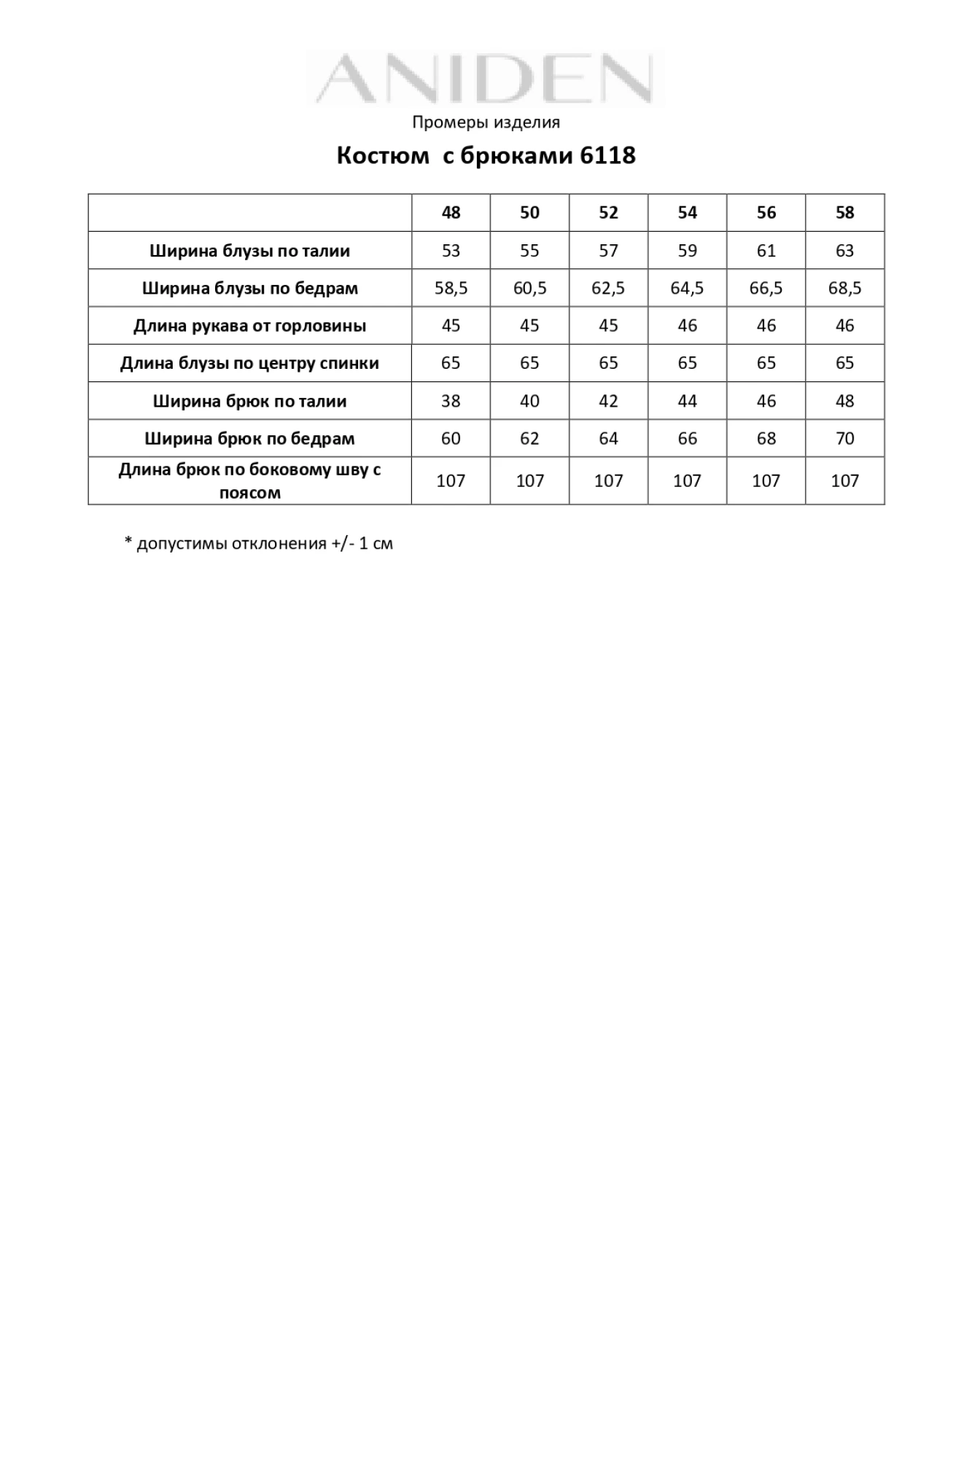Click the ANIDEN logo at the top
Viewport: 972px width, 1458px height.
click(x=486, y=79)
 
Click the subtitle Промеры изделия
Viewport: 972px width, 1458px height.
click(x=486, y=122)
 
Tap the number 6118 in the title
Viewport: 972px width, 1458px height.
click(x=607, y=156)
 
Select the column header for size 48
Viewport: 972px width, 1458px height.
click(x=451, y=213)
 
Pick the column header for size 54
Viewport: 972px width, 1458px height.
click(x=687, y=213)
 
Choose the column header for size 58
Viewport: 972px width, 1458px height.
click(x=844, y=213)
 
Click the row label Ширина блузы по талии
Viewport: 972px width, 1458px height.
click(x=249, y=252)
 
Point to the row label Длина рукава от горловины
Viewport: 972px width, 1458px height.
click(x=249, y=326)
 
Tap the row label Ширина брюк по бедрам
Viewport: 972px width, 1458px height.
click(x=249, y=439)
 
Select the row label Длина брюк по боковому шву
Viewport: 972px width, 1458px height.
click(x=249, y=480)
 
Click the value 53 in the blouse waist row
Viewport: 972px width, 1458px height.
click(x=451, y=251)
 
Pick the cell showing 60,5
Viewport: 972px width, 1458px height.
click(x=529, y=289)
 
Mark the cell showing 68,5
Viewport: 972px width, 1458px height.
click(x=844, y=289)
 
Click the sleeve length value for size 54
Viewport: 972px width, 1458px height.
click(x=687, y=326)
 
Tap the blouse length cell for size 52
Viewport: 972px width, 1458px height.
click(x=608, y=363)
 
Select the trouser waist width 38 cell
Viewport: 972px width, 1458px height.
click(x=451, y=401)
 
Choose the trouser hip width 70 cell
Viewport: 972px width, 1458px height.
click(x=844, y=439)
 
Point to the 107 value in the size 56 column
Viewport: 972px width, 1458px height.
click(x=766, y=481)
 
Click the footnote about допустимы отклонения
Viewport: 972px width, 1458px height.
click(x=259, y=544)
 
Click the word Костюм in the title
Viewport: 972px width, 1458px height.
click(x=383, y=156)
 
